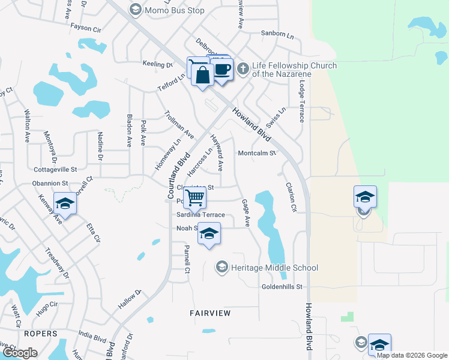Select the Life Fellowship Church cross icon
[243, 67]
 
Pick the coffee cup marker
[221, 70]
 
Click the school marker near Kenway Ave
[65, 203]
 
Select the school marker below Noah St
[209, 233]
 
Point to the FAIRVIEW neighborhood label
[211, 313]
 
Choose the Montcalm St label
[256, 154]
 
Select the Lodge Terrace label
[301, 100]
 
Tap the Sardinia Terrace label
[200, 215]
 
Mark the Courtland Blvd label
[179, 176]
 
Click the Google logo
[20, 353]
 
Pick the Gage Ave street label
[246, 213]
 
